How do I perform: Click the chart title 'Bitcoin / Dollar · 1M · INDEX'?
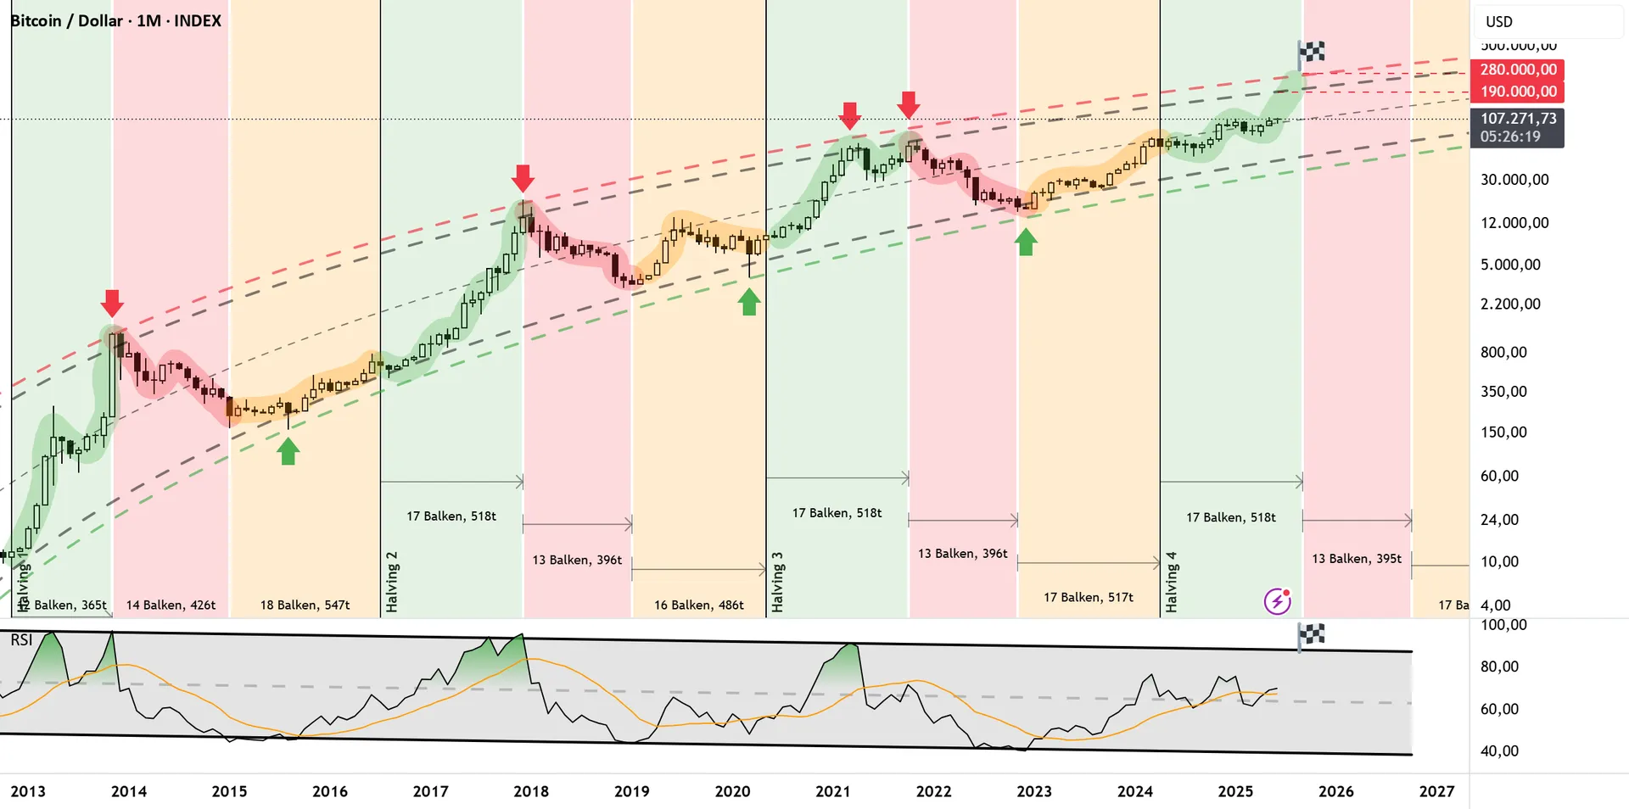pos(116,21)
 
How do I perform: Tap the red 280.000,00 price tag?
pos(1519,70)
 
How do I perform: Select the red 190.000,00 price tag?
pos(1519,92)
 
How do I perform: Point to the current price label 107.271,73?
pos(1519,119)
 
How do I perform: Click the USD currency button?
pos(1499,22)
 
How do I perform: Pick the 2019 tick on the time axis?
pos(632,791)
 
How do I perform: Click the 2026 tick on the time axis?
pos(1336,791)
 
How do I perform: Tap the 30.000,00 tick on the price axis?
pos(1514,180)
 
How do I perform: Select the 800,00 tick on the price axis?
pos(1503,352)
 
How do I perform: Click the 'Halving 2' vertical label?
pos(392,582)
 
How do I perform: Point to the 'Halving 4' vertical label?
pos(1172,582)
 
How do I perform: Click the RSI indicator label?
pos(21,640)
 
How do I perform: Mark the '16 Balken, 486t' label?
pos(699,605)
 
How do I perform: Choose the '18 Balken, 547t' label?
pos(305,605)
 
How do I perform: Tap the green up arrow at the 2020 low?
pos(748,302)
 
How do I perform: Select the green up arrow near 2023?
pos(1026,243)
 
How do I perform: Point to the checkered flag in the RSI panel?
pos(1311,634)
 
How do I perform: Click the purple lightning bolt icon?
pos(1277,601)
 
